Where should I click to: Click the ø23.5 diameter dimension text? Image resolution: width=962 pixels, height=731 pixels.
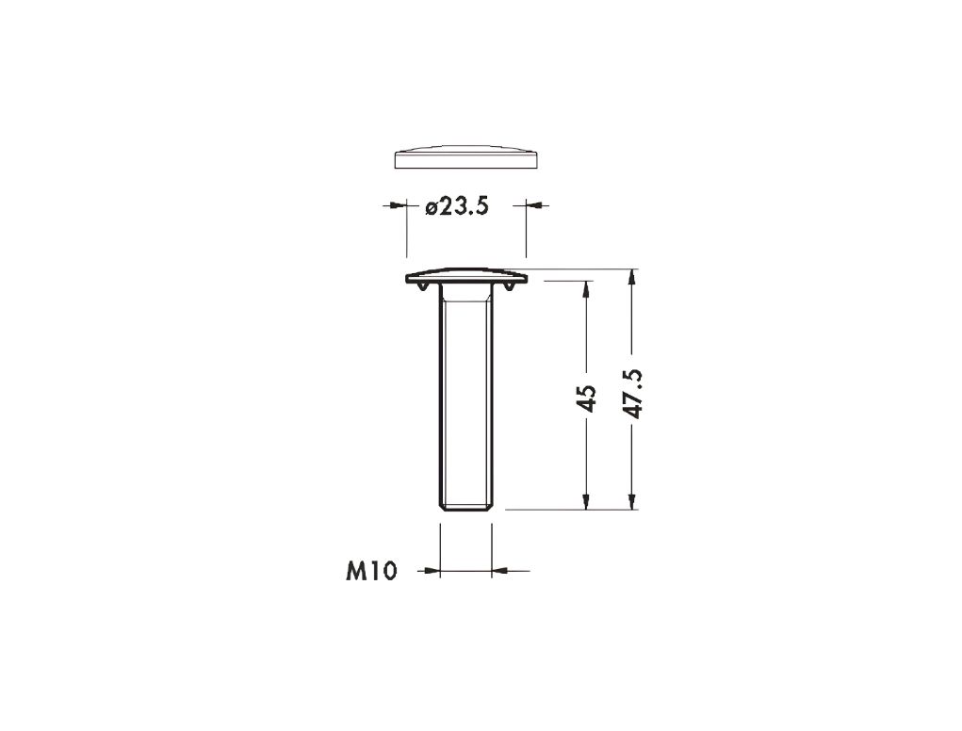tap(457, 207)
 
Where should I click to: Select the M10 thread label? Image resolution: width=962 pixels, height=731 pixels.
tap(372, 571)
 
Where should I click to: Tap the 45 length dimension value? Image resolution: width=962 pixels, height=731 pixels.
tap(587, 398)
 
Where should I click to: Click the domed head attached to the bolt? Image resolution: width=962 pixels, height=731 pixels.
tap(466, 276)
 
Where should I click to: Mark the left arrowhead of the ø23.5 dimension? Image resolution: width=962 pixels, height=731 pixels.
tap(399, 204)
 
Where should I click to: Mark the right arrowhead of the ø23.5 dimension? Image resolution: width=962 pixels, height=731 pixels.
tap(533, 204)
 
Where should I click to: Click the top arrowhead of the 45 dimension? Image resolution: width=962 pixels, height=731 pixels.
tap(587, 289)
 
